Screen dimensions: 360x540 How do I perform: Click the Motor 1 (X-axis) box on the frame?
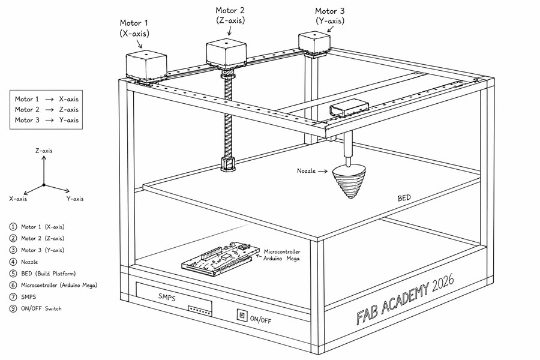pyautogui.click(x=146, y=65)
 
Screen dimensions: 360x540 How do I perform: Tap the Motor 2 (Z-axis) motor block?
pyautogui.click(x=227, y=53)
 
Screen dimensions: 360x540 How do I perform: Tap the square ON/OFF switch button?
pyautogui.click(x=243, y=316)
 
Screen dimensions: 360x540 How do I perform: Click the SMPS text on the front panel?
pyautogui.click(x=167, y=297)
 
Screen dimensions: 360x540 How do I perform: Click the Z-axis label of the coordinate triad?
pyautogui.click(x=44, y=151)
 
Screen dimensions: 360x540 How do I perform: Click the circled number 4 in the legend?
pyautogui.click(x=13, y=262)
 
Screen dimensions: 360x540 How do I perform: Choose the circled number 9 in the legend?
pyautogui.click(x=13, y=308)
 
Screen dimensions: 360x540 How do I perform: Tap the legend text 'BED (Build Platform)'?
pyautogui.click(x=48, y=273)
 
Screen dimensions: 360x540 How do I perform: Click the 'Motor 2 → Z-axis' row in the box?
pyautogui.click(x=47, y=110)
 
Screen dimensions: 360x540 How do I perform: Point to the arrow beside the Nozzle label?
pyautogui.click(x=323, y=171)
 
